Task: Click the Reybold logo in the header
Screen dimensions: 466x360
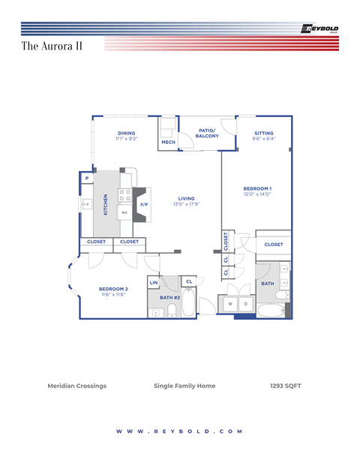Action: click(x=319, y=29)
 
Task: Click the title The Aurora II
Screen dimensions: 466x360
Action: click(x=52, y=46)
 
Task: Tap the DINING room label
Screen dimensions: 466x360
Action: click(x=126, y=134)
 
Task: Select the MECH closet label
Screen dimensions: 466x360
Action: click(x=168, y=142)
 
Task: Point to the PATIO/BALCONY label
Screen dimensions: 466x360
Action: click(x=208, y=133)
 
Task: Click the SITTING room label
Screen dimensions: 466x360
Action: click(x=263, y=134)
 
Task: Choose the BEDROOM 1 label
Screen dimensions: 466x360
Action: click(x=257, y=188)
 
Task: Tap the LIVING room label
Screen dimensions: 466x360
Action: click(x=186, y=199)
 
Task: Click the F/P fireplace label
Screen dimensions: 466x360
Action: click(x=144, y=204)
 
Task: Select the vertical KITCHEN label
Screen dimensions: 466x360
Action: click(x=106, y=204)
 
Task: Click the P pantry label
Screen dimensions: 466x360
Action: click(x=87, y=178)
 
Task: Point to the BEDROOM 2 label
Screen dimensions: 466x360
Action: click(x=113, y=289)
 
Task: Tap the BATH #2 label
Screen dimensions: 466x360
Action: click(x=169, y=298)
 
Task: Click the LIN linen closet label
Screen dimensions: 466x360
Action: click(x=154, y=283)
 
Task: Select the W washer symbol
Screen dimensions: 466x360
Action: click(x=229, y=304)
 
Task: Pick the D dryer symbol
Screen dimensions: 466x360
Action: click(x=245, y=304)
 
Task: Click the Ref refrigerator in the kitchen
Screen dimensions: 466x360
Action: click(x=124, y=212)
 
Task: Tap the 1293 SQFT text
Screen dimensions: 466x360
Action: click(x=286, y=386)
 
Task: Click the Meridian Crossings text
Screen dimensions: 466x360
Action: click(x=76, y=386)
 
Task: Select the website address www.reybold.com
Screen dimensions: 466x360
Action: click(x=180, y=431)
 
